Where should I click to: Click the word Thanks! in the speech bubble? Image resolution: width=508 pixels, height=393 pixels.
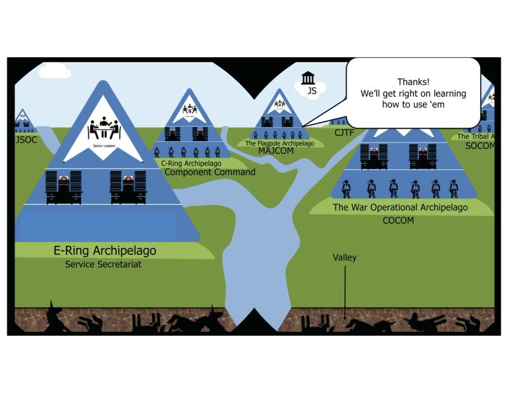tap(413, 82)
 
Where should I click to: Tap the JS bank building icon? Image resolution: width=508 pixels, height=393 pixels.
tap(309, 78)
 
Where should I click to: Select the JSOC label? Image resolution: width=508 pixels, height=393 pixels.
tap(23, 139)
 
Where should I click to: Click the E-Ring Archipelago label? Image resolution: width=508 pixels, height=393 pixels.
tap(105, 251)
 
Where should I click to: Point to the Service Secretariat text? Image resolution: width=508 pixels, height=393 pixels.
tap(103, 264)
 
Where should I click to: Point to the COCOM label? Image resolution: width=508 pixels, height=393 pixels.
tap(398, 221)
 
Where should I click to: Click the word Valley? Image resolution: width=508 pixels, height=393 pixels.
tap(345, 258)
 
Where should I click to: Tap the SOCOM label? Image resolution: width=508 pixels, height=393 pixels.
tap(479, 146)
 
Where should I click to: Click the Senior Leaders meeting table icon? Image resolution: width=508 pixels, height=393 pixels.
tap(104, 129)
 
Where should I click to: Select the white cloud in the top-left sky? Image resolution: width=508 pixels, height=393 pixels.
tap(55, 71)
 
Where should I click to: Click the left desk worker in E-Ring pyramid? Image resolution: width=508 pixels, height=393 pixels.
tap(63, 187)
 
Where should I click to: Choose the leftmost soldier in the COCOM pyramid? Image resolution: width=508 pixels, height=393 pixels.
tap(346, 188)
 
